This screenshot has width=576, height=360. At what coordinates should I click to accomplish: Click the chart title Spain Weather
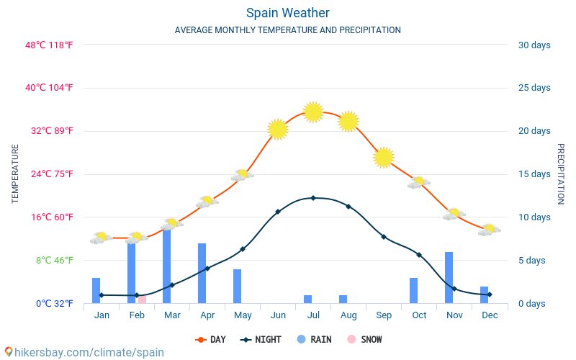point(287,13)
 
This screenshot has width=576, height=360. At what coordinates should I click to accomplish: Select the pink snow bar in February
point(142,299)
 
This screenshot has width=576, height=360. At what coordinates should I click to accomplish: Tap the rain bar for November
point(449,278)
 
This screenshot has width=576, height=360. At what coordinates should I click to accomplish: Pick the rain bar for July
point(307,299)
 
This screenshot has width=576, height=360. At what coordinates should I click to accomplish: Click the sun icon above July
point(312,112)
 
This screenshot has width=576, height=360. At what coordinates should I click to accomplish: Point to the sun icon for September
point(384,157)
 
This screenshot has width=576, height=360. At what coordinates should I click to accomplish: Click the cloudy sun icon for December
point(489,230)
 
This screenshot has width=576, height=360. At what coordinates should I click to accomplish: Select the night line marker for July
point(312,197)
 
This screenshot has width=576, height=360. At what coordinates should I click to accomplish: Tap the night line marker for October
point(418,255)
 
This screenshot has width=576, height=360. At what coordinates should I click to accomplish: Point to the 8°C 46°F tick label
point(53,260)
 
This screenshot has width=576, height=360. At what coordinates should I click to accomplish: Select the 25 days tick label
point(534,88)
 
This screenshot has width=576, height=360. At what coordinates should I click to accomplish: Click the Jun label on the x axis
point(277,315)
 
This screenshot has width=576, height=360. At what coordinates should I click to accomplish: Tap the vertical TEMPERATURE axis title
point(15,174)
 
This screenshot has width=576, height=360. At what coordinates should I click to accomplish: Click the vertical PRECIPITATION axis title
point(560,174)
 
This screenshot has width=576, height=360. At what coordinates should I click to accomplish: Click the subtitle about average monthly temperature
point(287,30)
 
